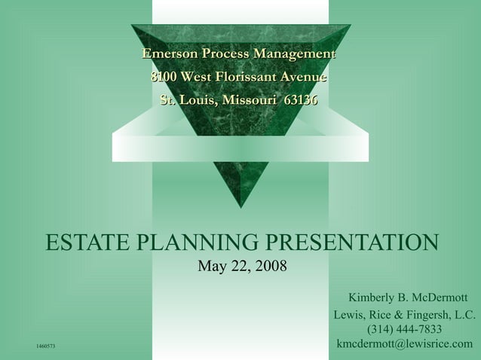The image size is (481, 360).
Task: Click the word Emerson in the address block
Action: pos(169,54)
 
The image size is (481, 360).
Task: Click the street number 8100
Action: pos(165,78)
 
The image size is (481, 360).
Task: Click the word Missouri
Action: pos(248,100)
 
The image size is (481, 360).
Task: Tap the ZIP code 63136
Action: pos(300,100)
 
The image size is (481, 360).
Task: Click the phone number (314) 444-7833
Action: pos(404,329)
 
